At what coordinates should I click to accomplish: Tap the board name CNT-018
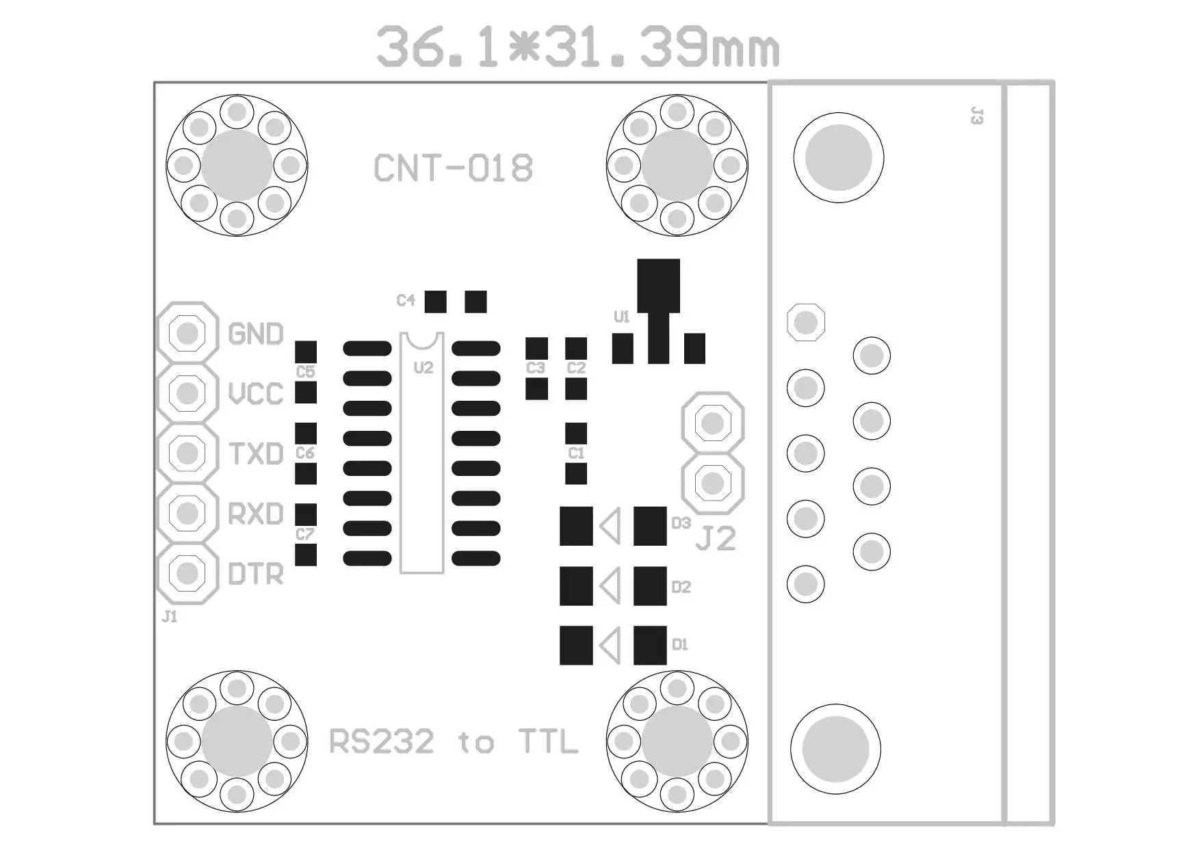pyautogui.click(x=453, y=168)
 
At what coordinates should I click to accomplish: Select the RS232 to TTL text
pyautogui.click(x=453, y=741)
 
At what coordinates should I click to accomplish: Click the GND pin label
pyautogui.click(x=255, y=334)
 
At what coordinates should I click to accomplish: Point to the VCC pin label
pyautogui.click(x=255, y=393)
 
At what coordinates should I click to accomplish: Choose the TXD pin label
pyautogui.click(x=255, y=453)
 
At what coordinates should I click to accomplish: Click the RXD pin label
pyautogui.click(x=255, y=514)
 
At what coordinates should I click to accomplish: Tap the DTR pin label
pyautogui.click(x=255, y=574)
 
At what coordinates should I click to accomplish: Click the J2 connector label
pyautogui.click(x=716, y=539)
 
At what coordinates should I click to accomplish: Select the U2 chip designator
pyautogui.click(x=423, y=368)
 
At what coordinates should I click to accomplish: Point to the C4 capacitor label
pyautogui.click(x=406, y=300)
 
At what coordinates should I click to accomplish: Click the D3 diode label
pyautogui.click(x=681, y=523)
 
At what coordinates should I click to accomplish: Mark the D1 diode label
pyautogui.click(x=679, y=644)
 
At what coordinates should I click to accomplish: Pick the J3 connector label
pyautogui.click(x=977, y=116)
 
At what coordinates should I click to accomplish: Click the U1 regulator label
pyautogui.click(x=621, y=317)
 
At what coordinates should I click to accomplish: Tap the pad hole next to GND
pyautogui.click(x=187, y=333)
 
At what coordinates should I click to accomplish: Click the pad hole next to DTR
pyautogui.click(x=187, y=573)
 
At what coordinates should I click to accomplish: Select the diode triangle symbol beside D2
pyautogui.click(x=610, y=586)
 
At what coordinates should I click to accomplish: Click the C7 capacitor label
pyautogui.click(x=305, y=534)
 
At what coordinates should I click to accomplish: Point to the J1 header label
pyautogui.click(x=169, y=617)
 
